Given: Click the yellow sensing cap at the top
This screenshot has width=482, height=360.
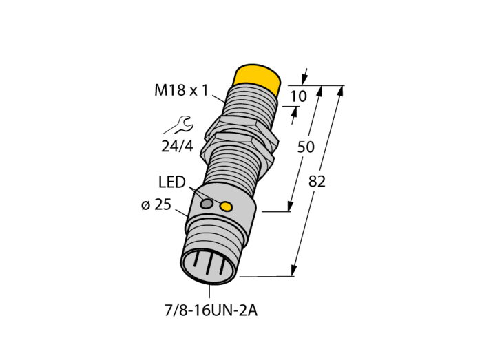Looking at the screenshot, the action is point(258,78).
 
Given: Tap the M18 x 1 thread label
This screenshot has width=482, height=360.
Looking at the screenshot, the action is point(181,90).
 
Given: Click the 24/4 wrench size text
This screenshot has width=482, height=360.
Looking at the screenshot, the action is point(178,146).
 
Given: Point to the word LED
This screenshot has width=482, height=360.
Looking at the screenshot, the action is point(172,182).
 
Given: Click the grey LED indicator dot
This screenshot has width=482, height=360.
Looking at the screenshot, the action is point(207,203).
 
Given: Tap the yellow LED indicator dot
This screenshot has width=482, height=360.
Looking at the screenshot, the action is point(227,207).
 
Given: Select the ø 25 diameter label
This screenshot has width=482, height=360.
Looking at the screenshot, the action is point(156,204).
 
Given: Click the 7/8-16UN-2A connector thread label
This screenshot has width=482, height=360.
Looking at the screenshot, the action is point(211,311).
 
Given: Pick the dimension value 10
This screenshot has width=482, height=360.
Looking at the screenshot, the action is point(298,96).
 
